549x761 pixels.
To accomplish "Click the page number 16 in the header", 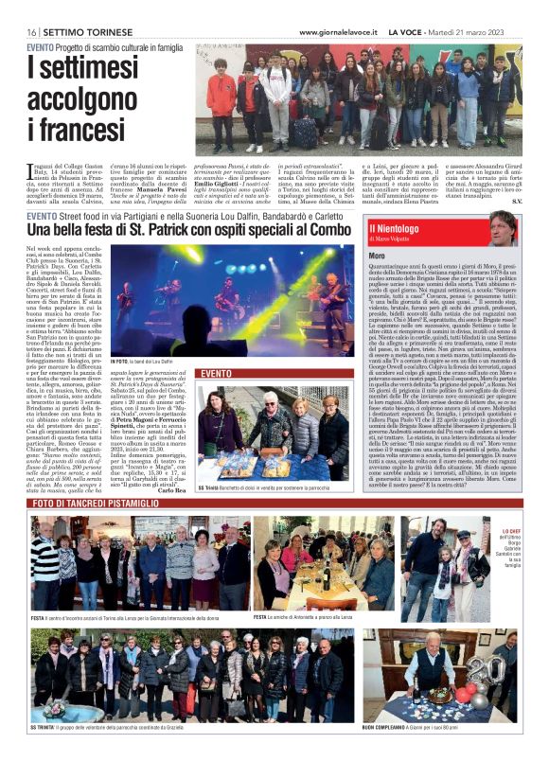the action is click(32, 32).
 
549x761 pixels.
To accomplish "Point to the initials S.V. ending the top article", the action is click(515, 201).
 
